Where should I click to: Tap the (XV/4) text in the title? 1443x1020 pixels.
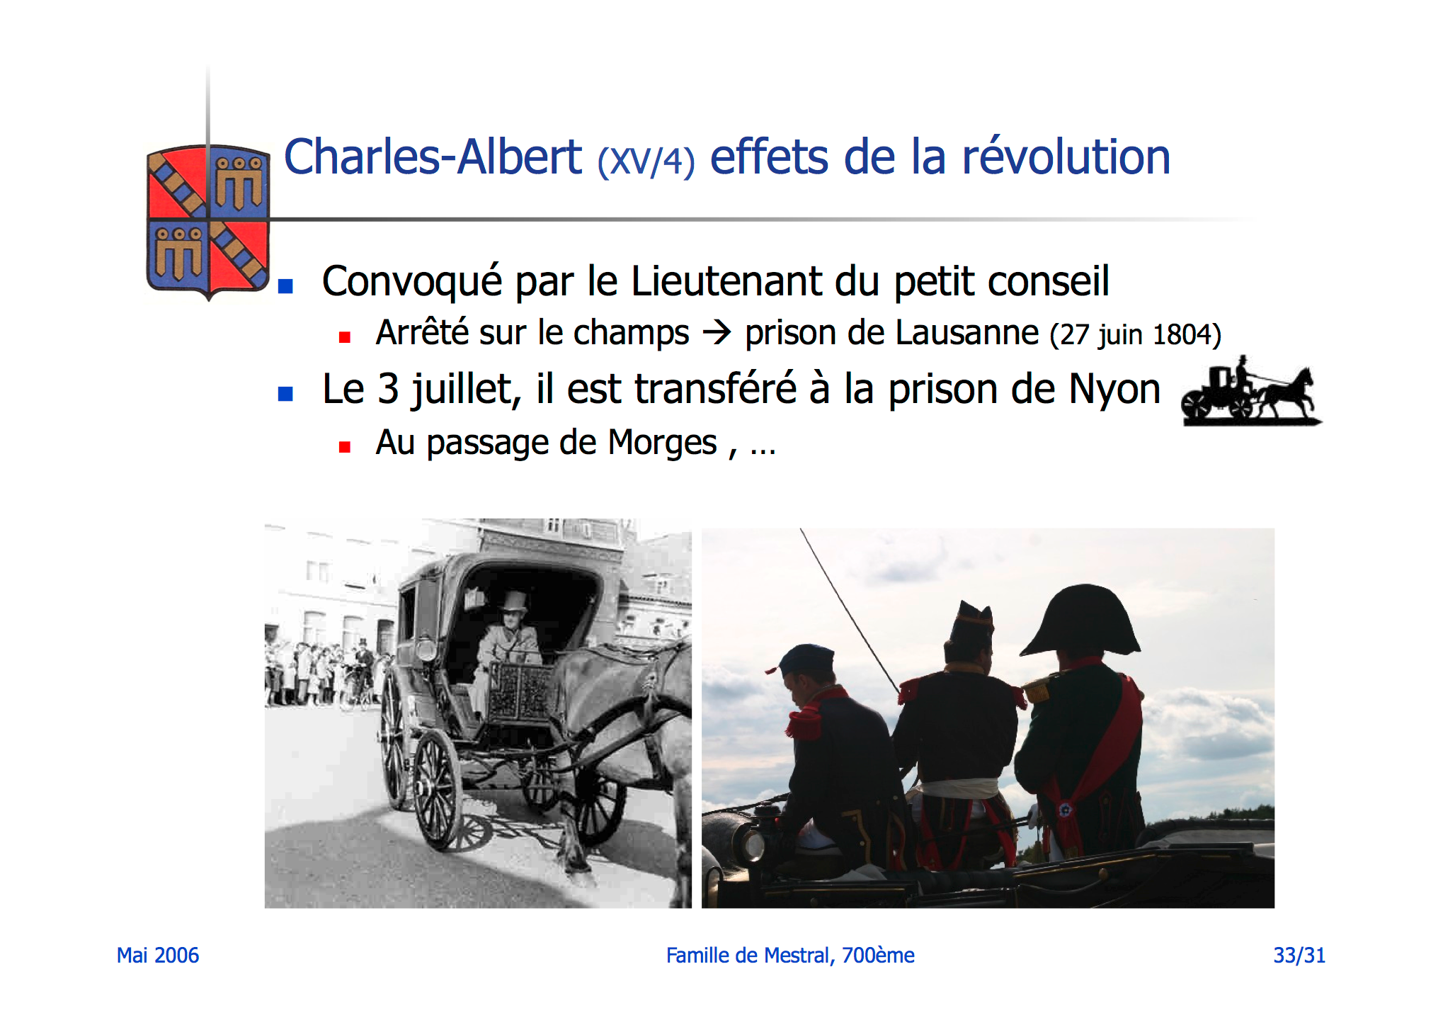646,161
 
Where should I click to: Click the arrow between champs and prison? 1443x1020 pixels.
717,332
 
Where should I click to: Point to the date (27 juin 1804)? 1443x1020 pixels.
1136,334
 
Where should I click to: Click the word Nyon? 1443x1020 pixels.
1114,390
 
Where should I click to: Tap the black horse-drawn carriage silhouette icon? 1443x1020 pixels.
1250,392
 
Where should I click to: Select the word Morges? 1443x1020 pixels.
662,443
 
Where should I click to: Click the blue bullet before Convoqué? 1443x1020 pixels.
285,286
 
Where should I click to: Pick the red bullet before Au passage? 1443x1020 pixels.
345,447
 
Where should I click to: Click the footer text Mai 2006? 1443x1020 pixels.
158,956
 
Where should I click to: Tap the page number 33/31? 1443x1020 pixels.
1299,956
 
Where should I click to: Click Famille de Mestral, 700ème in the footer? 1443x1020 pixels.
790,956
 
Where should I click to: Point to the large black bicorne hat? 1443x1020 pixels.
1080,620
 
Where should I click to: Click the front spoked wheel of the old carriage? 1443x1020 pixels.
438,790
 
